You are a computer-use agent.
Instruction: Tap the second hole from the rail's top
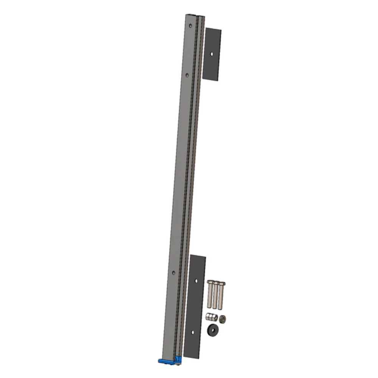(x=187, y=74)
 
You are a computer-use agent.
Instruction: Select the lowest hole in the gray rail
(x=174, y=272)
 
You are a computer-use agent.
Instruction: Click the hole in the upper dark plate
(x=212, y=54)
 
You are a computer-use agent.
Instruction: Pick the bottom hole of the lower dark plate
(x=193, y=332)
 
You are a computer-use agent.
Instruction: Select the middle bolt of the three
(x=216, y=294)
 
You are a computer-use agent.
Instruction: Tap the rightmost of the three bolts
(x=221, y=294)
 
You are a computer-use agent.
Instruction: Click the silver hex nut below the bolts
(x=211, y=317)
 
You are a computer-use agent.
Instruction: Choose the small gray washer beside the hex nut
(x=223, y=318)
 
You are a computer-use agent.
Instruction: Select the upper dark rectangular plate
(x=212, y=54)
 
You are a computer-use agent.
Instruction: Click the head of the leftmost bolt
(x=211, y=282)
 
